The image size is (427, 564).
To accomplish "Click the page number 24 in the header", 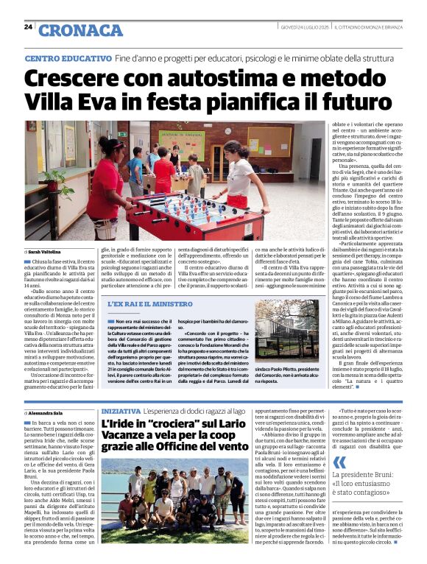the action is (x=28, y=27).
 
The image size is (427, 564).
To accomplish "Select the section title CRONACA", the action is (x=80, y=29).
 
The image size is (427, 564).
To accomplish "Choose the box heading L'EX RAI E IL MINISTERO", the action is (x=150, y=303).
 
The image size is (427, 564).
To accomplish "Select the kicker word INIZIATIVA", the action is (x=122, y=410).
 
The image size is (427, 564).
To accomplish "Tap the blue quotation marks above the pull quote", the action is (x=340, y=463).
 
